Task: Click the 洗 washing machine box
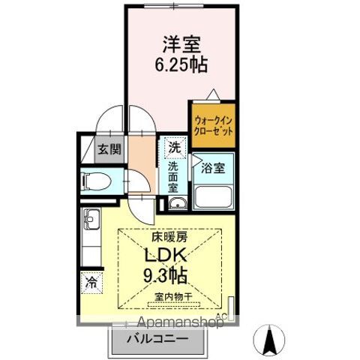point(174,147)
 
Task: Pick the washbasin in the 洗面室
point(178,205)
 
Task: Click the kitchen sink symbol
point(91,220)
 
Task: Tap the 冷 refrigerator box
point(91,283)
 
